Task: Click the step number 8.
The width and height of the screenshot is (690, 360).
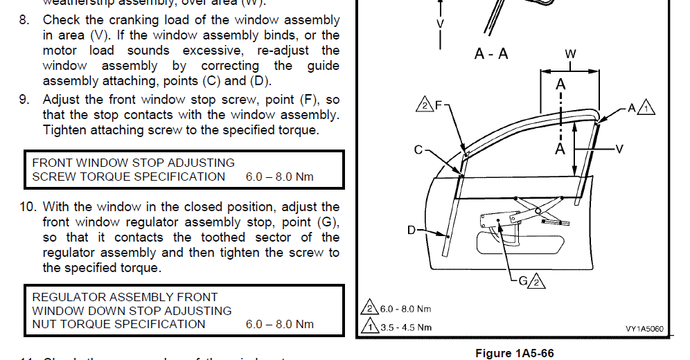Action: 24,20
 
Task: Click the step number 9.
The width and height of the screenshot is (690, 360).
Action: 24,100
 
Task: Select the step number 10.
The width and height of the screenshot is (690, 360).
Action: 28,206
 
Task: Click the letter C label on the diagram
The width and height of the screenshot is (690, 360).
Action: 418,149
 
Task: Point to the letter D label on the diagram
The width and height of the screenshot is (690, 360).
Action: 411,230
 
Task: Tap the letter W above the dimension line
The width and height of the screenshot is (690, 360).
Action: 569,53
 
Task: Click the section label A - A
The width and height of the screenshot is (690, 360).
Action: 491,53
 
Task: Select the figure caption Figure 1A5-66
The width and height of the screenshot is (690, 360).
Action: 514,353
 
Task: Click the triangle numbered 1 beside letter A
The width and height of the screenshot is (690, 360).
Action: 646,108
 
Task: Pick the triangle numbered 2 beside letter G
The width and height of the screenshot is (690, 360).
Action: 538,282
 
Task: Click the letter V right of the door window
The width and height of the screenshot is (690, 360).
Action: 619,148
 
